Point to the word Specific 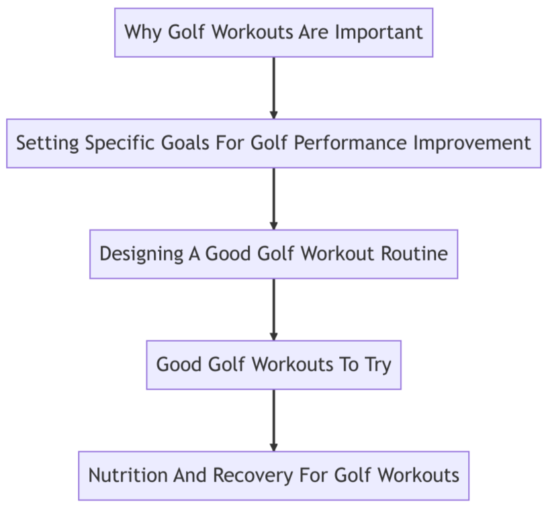tap(106, 143)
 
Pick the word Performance tap(347, 143)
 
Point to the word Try tap(378, 365)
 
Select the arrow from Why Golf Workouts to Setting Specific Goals tap(273, 87)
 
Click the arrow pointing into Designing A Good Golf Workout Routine tap(273, 198)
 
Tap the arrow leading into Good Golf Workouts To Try tap(273, 309)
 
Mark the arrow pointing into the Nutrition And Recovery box tap(273, 420)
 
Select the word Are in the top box tap(316, 32)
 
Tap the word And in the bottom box tap(190, 475)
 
